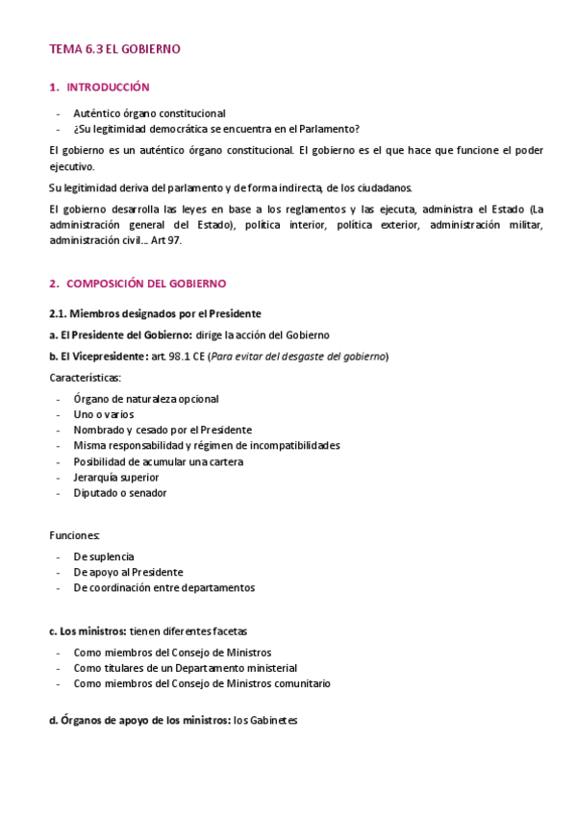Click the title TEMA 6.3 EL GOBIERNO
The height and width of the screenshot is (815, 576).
pos(114,48)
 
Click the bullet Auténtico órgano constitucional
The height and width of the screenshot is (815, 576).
pos(149,113)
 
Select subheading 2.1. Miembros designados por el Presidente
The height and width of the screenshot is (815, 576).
pos(155,313)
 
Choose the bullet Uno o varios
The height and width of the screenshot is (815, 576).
pos(104,414)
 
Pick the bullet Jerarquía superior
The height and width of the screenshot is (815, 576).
pos(116,478)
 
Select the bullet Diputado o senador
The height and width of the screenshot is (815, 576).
pos(120,493)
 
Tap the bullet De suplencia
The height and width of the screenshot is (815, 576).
pos(104,556)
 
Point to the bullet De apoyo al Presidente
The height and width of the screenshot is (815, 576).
pos(128,572)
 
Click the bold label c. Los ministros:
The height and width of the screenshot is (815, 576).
pos(88,631)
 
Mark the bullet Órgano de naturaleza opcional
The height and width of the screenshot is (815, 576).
pos(146,399)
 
